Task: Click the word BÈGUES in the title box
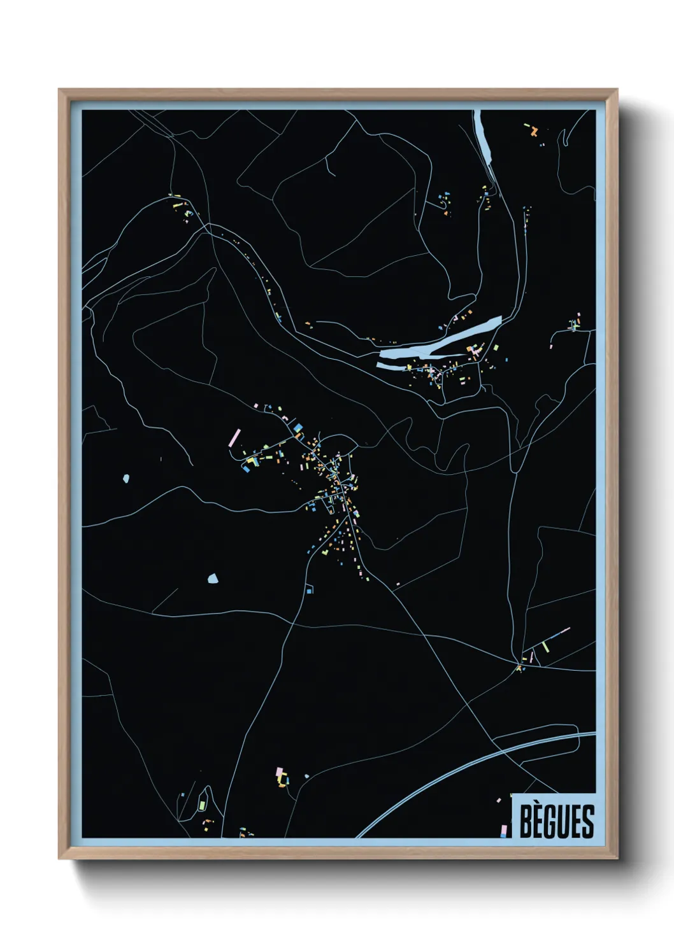556,821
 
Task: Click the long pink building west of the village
234,437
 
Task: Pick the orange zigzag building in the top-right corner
534,132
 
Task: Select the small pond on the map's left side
126,477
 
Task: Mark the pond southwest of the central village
213,579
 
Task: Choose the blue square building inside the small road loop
310,591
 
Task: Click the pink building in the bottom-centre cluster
278,772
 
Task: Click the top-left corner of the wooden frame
59,90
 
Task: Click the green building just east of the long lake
496,348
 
